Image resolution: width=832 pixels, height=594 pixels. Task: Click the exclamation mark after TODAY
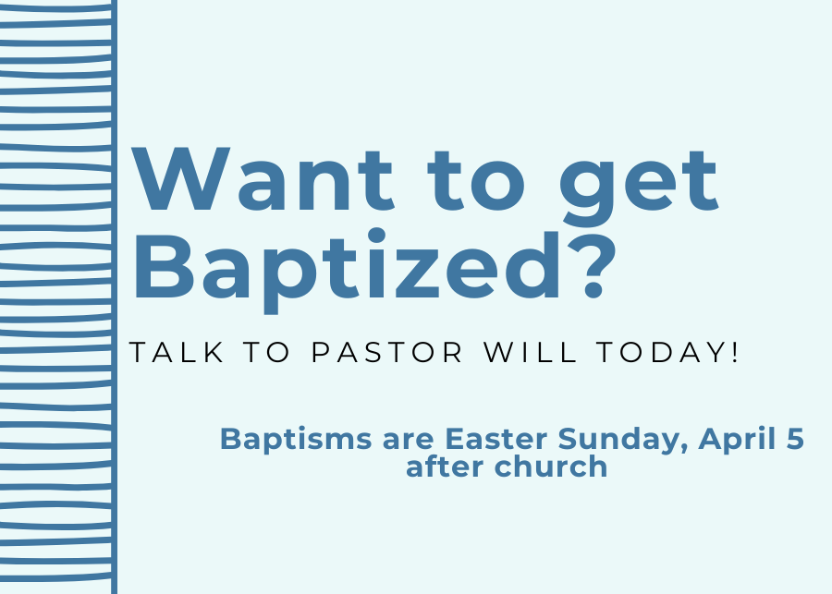click(x=735, y=353)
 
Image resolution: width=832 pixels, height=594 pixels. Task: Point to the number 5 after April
click(x=794, y=439)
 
